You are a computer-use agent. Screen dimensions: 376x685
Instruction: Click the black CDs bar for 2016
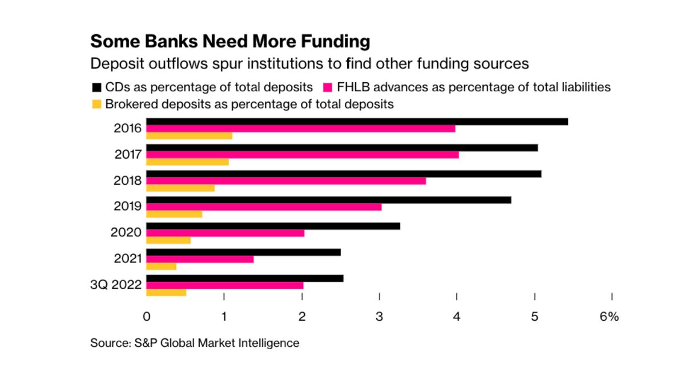[x=357, y=122]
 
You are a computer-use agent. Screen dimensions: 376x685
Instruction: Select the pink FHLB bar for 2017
[x=303, y=155]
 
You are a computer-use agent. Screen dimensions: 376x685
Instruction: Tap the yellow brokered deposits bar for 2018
[x=180, y=188]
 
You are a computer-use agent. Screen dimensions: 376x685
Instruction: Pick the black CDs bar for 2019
[x=329, y=200]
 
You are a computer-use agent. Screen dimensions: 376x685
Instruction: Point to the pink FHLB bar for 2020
[x=225, y=233]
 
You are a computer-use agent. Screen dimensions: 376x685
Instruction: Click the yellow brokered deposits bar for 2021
[x=162, y=266]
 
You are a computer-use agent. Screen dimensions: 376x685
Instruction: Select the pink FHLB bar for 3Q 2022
[x=225, y=285]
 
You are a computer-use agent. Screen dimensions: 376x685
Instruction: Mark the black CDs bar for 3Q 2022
[x=245, y=278]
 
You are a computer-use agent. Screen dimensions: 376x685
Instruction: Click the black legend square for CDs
[x=96, y=88]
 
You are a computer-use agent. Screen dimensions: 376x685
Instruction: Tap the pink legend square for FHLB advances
[x=328, y=88]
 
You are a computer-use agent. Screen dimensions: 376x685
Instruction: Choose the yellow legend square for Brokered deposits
[x=96, y=104]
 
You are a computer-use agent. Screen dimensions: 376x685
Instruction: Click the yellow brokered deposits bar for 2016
[x=190, y=136]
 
